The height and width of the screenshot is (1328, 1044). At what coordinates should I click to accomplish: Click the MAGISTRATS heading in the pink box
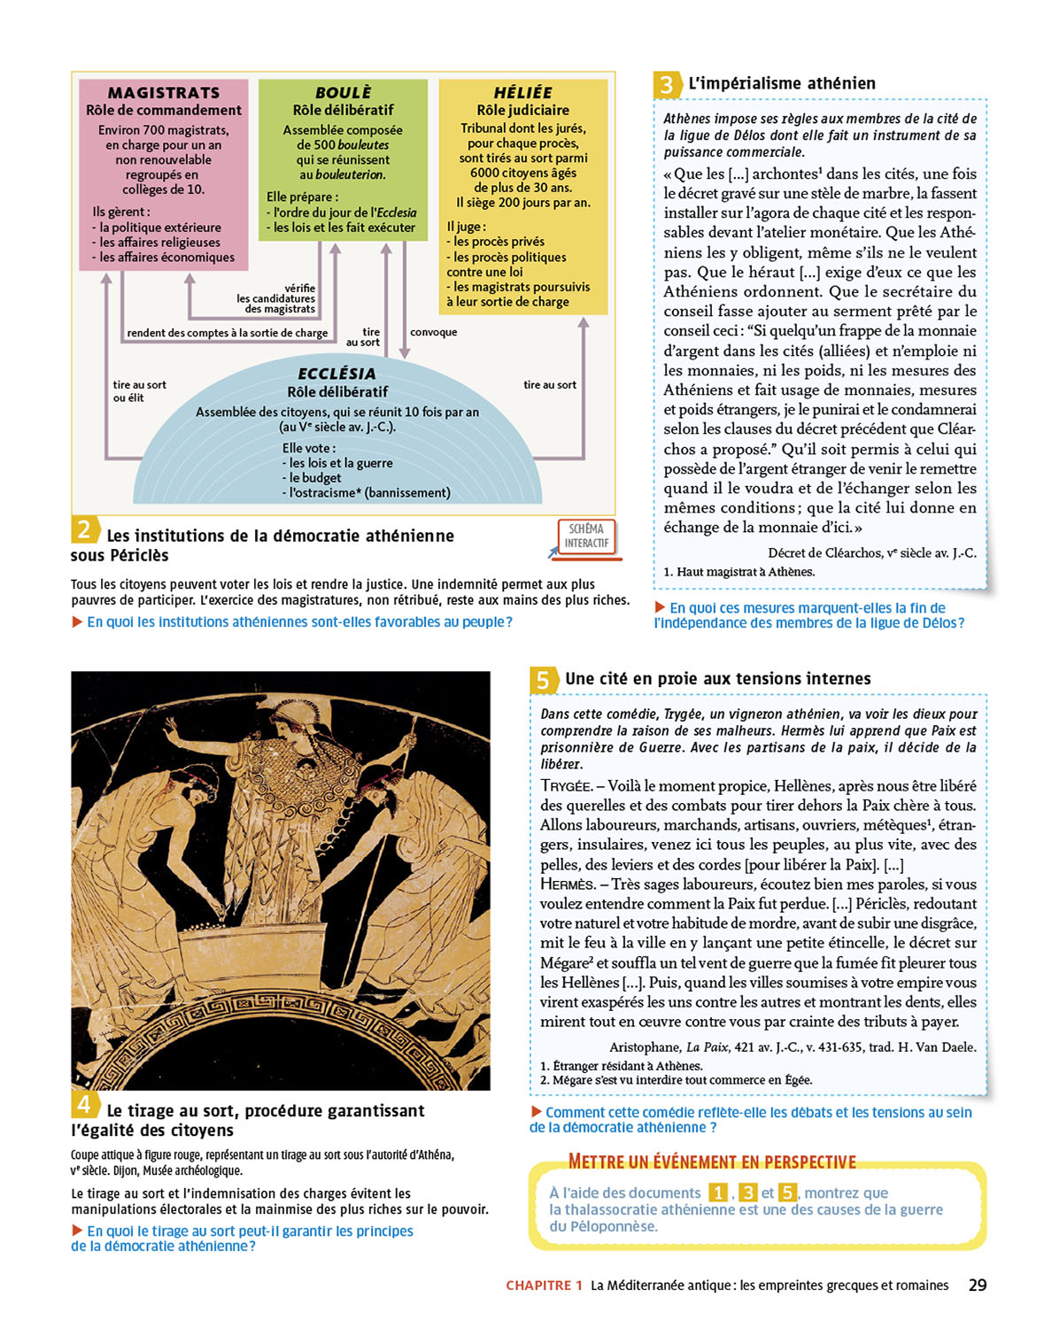tap(164, 92)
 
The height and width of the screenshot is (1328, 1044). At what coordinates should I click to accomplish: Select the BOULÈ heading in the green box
tap(343, 92)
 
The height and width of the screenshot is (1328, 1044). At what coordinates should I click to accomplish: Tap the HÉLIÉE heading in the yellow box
tap(522, 92)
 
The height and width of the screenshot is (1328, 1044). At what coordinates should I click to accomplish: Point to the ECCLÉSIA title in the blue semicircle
tap(336, 374)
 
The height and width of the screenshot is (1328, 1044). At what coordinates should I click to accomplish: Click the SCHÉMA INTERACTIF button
tap(587, 537)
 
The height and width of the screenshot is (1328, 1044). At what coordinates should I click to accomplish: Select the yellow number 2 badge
tap(83, 529)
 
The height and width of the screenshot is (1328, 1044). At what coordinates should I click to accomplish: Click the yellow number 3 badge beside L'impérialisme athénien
tap(666, 84)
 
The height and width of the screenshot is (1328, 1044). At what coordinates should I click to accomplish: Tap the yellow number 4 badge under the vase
tap(84, 1104)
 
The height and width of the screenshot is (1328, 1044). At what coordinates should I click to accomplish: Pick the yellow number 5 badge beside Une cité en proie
tap(543, 680)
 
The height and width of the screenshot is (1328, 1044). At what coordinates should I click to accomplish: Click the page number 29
tap(978, 1285)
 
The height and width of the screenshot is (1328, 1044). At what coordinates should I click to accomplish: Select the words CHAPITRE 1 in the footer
tap(544, 1286)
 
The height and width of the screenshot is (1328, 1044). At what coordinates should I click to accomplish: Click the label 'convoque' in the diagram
tap(434, 332)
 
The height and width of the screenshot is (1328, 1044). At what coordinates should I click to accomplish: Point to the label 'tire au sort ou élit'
tap(139, 391)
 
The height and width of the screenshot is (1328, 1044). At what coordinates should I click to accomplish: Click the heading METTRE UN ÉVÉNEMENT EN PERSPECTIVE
tap(712, 1162)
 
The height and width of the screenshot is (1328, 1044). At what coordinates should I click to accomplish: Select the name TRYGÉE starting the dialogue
tap(566, 786)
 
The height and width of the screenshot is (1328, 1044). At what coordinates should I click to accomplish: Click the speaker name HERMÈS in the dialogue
tap(568, 884)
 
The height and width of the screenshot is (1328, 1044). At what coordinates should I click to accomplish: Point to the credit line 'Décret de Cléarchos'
tap(871, 552)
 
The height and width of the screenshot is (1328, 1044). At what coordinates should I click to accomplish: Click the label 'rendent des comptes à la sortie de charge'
tap(227, 333)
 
